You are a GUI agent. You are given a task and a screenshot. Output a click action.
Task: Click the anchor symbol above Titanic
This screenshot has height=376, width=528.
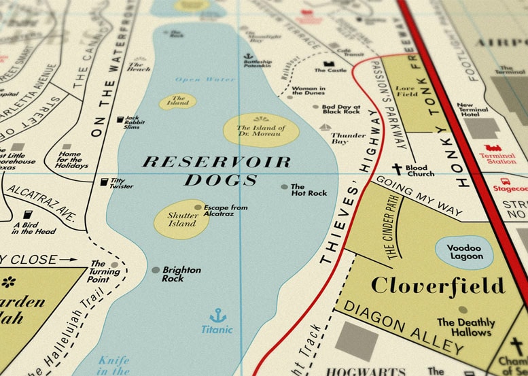pos(217,315)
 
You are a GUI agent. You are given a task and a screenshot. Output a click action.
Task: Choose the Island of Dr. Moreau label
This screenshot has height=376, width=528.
pos(261,131)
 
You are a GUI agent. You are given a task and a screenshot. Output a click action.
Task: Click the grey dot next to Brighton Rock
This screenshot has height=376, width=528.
pos(156,270)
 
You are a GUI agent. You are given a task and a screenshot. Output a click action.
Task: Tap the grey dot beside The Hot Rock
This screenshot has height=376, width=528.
pos(284,186)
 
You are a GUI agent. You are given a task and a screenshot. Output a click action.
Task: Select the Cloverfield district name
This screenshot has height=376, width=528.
pos(438,285)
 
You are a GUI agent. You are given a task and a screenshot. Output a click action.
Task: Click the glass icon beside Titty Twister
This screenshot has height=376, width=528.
pos(104,182)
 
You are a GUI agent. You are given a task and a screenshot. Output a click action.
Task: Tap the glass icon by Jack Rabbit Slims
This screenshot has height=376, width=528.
pos(120,120)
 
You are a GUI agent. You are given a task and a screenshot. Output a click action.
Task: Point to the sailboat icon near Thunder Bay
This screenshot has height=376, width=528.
pos(323,127)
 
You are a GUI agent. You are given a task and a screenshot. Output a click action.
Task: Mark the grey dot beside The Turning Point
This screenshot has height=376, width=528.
pos(114,264)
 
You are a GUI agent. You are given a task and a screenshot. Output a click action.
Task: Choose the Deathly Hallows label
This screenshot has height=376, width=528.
pos(464,327)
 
